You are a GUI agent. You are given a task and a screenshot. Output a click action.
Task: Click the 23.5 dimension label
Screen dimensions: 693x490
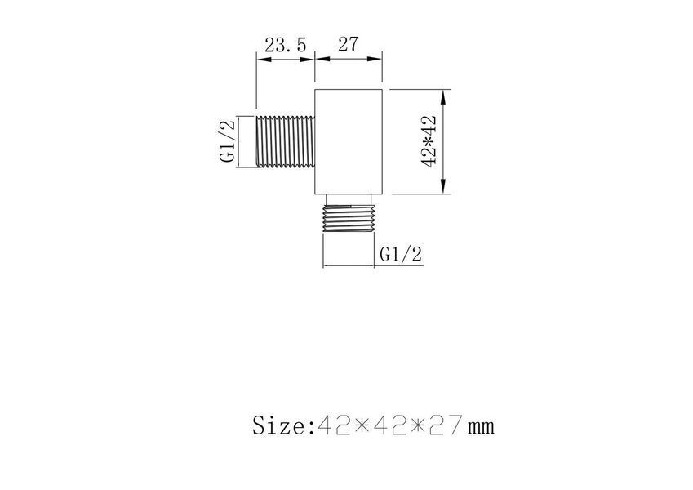pos(285,45)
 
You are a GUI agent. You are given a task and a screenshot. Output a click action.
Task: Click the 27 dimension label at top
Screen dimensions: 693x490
pos(348,44)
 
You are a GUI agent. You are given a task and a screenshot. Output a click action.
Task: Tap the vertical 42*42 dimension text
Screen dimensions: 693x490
pos(429,141)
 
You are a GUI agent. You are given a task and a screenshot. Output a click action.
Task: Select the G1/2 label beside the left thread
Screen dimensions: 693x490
pos(228,141)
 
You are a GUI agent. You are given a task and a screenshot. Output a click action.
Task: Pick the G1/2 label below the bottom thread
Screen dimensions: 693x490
pos(401,254)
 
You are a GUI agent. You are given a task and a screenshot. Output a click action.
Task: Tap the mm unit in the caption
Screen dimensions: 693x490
pos(482,428)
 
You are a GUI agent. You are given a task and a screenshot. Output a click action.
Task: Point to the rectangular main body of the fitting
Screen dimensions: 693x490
pos(349,141)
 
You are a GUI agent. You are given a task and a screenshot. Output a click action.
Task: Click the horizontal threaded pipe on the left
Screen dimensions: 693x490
pos(285,141)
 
